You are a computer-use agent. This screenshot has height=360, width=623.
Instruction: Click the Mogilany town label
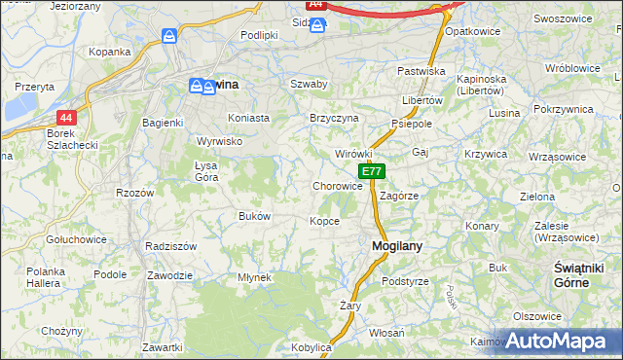pos(397,246)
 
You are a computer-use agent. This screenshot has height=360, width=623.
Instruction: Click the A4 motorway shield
pos(315,5)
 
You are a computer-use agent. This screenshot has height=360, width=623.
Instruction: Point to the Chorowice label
pos(338,186)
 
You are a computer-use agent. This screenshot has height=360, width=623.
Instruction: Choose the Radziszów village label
pos(170,246)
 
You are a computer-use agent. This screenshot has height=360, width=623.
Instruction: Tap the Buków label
pos(254,216)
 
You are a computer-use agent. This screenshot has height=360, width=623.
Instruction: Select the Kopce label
pos(325,221)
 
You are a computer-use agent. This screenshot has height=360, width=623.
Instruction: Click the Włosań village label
pos(387,333)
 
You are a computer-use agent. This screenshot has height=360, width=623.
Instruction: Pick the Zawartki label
pos(162,347)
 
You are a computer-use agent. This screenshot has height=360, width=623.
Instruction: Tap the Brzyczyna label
pos(334,118)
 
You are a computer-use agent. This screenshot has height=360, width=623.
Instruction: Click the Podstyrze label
pos(405,281)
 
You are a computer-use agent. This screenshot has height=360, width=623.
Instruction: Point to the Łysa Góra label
pos(206,171)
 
